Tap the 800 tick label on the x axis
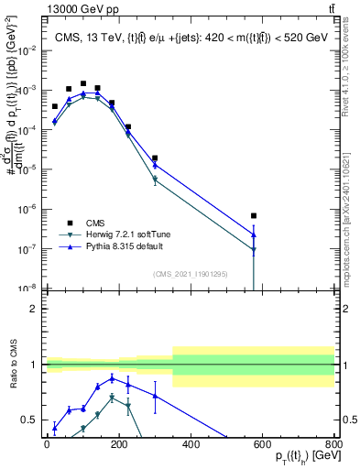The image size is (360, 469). (x=333, y=444)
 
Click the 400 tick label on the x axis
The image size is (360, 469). (x=191, y=444)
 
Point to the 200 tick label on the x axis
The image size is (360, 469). (x=119, y=444)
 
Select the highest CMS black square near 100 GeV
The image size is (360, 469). (x=83, y=83)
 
